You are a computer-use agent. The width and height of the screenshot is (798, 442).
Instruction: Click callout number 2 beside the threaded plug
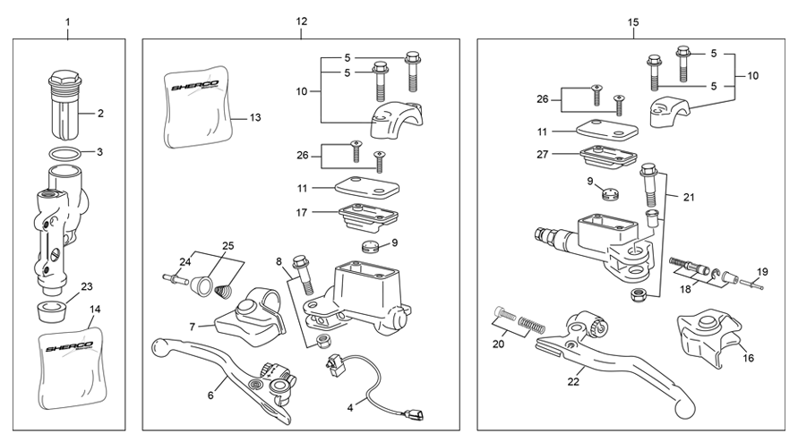(x=100, y=114)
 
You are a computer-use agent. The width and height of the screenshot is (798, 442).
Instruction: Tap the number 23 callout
(x=87, y=287)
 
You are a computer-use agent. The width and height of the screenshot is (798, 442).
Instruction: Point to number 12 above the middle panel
(x=301, y=21)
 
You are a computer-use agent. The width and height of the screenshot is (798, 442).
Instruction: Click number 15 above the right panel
(x=633, y=21)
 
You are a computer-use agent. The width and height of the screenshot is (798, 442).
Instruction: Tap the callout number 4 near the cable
(x=350, y=407)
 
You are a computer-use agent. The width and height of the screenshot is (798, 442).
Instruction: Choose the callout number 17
(x=304, y=212)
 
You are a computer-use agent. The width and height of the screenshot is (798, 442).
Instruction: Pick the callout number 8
(x=279, y=262)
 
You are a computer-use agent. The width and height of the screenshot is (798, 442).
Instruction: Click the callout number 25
(x=227, y=245)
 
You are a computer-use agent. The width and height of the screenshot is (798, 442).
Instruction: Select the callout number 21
(x=688, y=197)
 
